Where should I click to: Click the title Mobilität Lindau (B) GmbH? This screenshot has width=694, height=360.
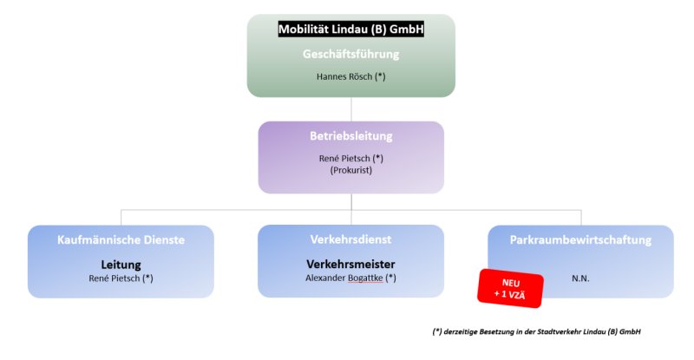click(x=351, y=29)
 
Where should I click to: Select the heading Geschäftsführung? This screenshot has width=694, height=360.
click(x=351, y=54)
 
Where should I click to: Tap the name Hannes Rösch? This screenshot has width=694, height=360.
click(x=344, y=76)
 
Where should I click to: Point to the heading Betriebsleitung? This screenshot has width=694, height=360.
click(x=351, y=136)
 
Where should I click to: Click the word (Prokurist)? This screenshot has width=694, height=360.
click(x=351, y=170)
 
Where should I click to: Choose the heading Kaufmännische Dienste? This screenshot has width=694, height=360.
click(x=121, y=240)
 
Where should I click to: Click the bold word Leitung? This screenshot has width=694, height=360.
click(x=121, y=265)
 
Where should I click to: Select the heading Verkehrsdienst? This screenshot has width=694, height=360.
click(x=351, y=239)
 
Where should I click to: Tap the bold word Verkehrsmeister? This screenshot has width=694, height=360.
click(x=351, y=265)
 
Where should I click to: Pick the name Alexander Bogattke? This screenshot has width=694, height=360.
click(x=344, y=278)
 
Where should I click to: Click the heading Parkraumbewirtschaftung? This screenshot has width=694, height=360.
click(x=580, y=240)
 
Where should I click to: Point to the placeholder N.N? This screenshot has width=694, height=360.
click(x=580, y=278)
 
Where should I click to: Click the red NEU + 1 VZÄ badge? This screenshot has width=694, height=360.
click(x=510, y=288)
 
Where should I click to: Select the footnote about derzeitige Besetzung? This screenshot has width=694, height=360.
click(x=536, y=331)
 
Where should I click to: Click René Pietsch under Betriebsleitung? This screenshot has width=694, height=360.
click(x=344, y=159)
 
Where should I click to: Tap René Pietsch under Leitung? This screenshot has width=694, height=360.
click(x=115, y=278)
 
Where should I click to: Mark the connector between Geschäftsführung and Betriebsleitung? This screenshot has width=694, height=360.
click(x=351, y=109)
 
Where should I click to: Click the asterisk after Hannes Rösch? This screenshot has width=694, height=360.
click(x=380, y=76)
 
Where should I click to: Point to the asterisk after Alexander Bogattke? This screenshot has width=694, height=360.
click(x=391, y=278)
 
